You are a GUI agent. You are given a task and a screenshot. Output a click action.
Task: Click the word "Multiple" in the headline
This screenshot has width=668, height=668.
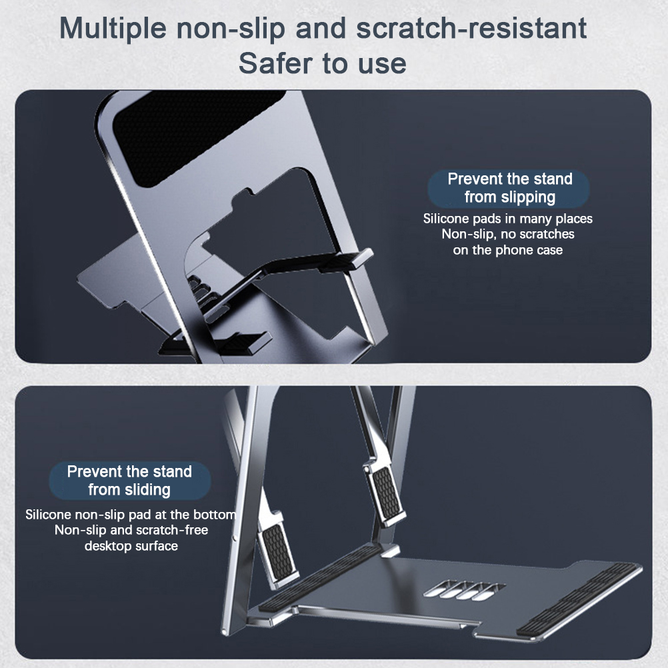pos(113,29)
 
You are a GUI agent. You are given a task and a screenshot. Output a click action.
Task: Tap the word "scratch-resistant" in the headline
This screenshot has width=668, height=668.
pos(471,28)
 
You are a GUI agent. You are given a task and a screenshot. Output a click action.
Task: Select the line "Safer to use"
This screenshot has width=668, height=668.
pos(322,63)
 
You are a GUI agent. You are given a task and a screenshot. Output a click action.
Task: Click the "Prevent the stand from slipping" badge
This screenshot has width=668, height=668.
pos(509,188)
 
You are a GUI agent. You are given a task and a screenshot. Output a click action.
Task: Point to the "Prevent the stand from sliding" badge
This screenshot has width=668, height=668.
pos(129,481)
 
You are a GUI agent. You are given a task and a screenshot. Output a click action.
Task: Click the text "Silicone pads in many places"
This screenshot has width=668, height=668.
pos(508,219)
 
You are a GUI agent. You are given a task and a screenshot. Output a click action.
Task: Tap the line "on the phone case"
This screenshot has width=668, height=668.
pos(508,250)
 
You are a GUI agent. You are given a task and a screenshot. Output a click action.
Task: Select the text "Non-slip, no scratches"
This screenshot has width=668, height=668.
pos(508,234)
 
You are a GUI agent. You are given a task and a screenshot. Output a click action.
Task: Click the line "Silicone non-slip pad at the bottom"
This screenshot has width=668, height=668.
pos(131,515)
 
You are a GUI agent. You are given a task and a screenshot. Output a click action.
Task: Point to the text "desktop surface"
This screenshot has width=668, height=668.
pos(131,546)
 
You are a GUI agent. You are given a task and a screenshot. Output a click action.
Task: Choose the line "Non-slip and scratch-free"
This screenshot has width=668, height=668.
pos(131,530)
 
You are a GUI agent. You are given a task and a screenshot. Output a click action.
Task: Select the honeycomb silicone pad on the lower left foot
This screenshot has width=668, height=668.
pos(278,547)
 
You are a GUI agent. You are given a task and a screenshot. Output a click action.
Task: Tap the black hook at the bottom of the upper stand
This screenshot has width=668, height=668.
pos(215,343)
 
